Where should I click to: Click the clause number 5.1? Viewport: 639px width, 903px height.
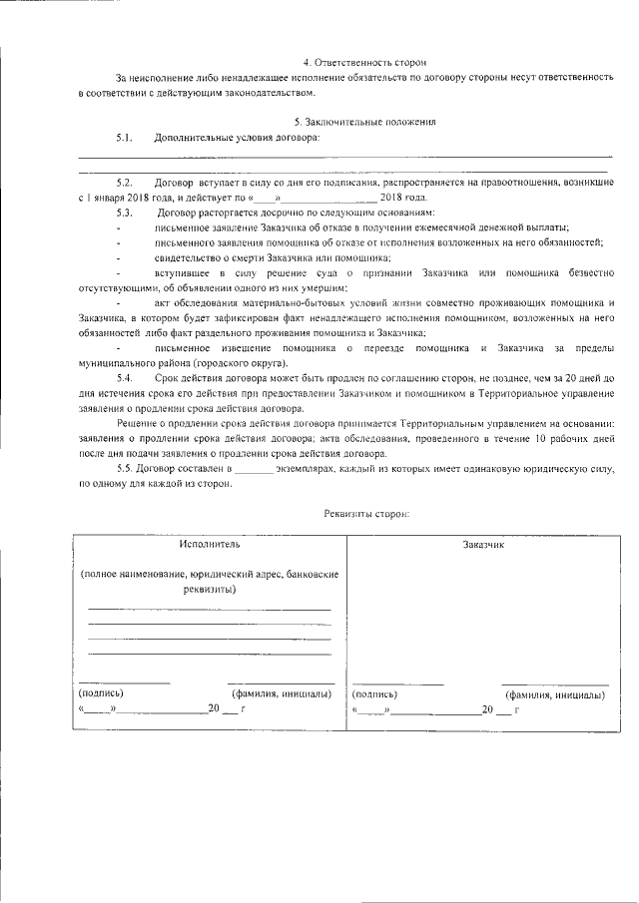[125, 137]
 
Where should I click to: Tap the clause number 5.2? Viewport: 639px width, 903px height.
[125, 184]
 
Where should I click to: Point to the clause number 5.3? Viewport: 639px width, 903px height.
[125, 213]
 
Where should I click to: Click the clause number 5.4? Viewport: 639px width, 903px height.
[125, 380]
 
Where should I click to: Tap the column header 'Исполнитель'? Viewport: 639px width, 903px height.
[210, 544]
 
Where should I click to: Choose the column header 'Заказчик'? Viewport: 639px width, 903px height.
[483, 545]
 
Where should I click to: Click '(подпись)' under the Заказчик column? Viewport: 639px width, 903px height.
[374, 693]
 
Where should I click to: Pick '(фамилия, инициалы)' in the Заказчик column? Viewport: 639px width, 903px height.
[555, 693]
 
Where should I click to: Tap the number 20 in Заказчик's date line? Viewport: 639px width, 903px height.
[487, 708]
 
